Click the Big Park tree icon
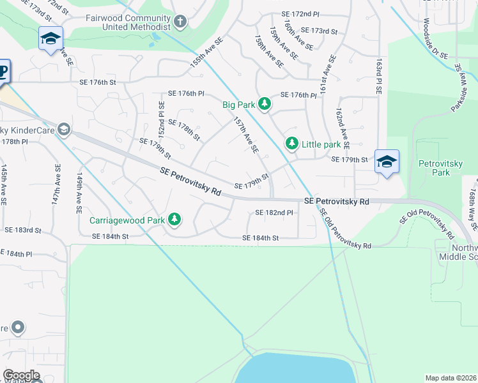(263, 103)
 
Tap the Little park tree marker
(291, 144)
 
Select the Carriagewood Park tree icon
(174, 220)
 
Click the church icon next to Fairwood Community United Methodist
(180, 22)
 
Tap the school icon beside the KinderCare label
(63, 130)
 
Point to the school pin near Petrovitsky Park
(387, 162)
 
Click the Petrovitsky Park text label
(436, 168)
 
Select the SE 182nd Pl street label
(274, 213)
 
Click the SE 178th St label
(184, 129)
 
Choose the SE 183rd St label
(23, 230)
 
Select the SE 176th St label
(97, 82)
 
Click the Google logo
(22, 375)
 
